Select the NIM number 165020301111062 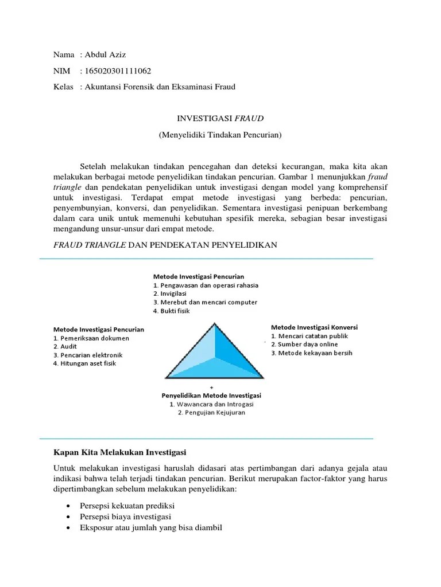[x=118, y=71]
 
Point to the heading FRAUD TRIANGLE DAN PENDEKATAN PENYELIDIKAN [x=165, y=245]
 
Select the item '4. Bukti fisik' [x=171, y=311]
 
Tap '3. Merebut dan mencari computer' [x=205, y=302]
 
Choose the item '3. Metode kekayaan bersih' [x=312, y=353]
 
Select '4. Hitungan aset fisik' [x=84, y=363]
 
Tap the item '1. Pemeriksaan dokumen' [x=91, y=338]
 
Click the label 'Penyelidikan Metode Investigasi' [x=211, y=396]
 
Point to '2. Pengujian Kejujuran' [x=211, y=412]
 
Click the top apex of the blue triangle [x=215, y=324]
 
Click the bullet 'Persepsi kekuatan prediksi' [x=127, y=506]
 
